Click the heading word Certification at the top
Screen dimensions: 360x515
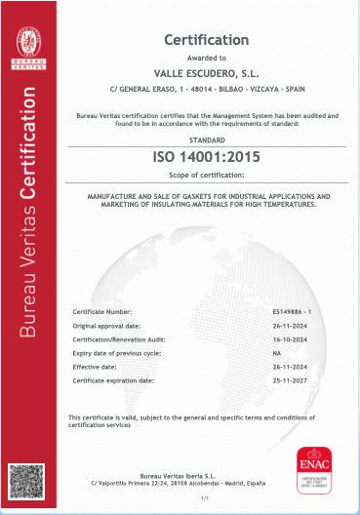[x=206, y=40]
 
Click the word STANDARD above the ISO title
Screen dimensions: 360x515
[x=206, y=139]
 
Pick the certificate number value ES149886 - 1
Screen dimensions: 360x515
[x=293, y=310]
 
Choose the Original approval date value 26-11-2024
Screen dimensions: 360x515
[x=292, y=323]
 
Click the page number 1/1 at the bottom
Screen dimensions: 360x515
[x=205, y=498]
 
